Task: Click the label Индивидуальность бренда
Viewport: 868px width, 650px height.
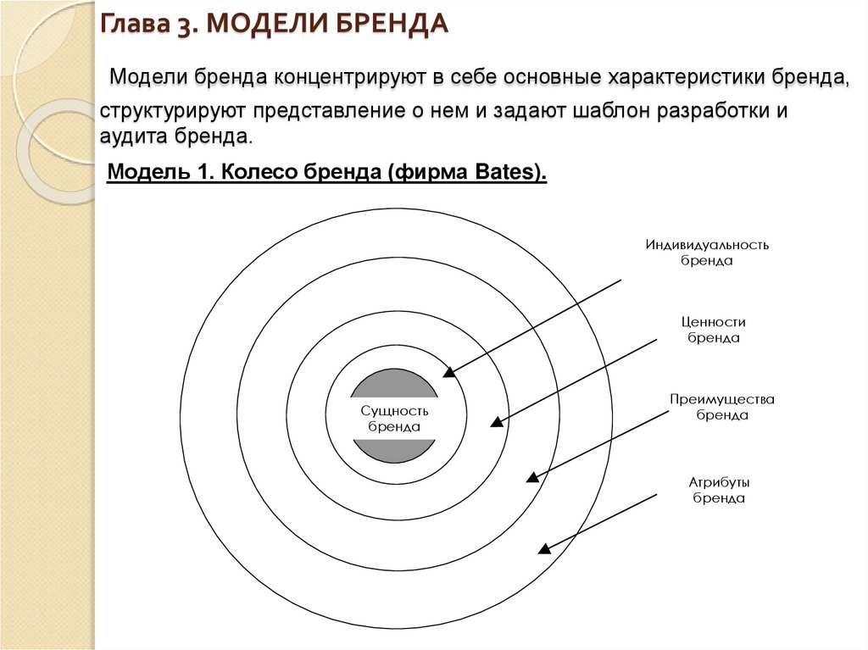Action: (x=707, y=253)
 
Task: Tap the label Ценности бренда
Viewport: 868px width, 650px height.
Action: (x=713, y=330)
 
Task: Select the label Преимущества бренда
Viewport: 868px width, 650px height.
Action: (x=722, y=407)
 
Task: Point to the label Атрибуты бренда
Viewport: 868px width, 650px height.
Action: (x=719, y=490)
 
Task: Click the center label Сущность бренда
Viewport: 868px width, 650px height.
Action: (x=394, y=418)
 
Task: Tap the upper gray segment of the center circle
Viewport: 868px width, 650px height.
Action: (x=394, y=384)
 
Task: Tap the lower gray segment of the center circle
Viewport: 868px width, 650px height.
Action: (x=394, y=451)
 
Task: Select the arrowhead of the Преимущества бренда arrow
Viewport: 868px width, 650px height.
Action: (x=532, y=476)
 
